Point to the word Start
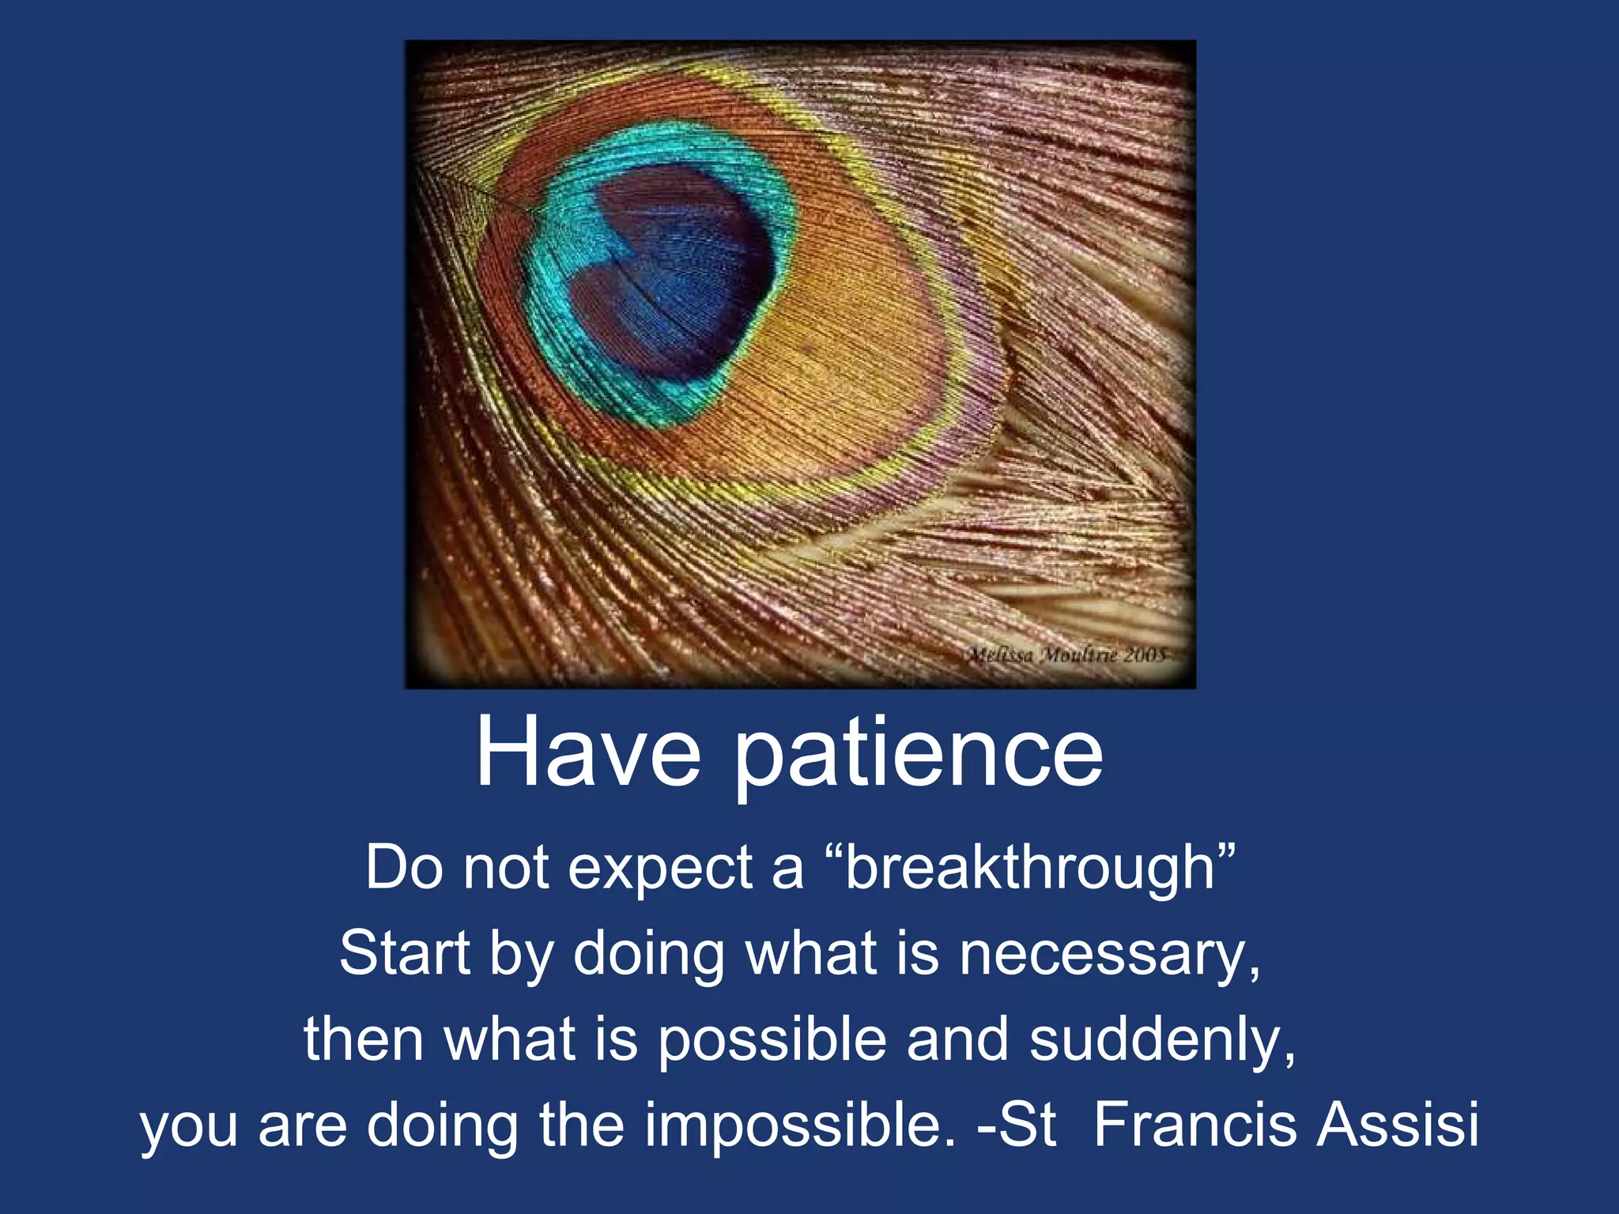pos(405,952)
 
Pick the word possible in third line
pos(772,1039)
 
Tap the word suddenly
pos(1162,1039)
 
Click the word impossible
pos(799,1125)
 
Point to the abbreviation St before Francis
pos(1027,1124)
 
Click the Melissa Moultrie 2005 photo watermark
pos(1066,654)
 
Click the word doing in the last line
pos(443,1125)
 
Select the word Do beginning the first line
pos(403,867)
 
